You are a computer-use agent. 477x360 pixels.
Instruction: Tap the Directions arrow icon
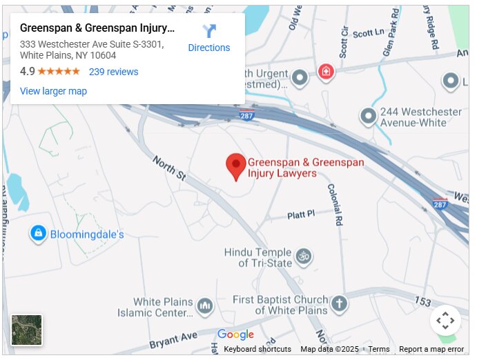point(209,31)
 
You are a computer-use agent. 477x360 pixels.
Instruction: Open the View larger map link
point(53,91)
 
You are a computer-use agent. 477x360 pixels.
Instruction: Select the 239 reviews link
point(113,72)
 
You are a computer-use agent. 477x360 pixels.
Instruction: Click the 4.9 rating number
point(28,72)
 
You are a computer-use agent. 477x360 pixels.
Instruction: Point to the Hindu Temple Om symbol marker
point(303,257)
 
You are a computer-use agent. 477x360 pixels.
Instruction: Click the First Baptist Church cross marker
point(338,303)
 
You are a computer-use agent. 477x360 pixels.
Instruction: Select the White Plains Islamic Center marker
point(204,305)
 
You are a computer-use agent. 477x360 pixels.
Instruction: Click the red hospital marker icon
point(325,71)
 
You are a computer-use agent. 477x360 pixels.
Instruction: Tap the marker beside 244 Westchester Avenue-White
point(369,116)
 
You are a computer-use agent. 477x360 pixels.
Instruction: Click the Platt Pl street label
point(301,215)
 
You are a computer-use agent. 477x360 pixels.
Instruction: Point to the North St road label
point(169,168)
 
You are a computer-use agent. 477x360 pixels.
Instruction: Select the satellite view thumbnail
point(27,330)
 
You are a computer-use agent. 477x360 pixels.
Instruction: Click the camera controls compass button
point(445,320)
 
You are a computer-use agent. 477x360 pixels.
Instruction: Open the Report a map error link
point(431,349)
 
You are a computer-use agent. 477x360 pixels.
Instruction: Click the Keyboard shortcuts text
point(257,349)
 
